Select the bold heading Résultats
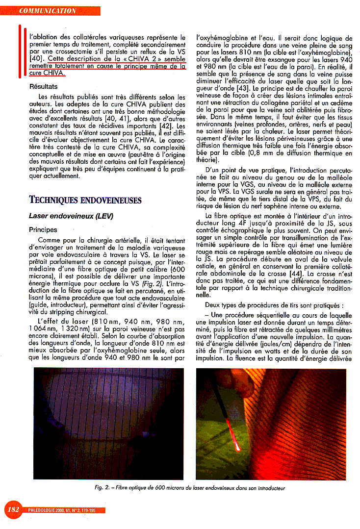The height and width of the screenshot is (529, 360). pyautogui.click(x=44, y=87)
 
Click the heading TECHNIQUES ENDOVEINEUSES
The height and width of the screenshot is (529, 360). pyautogui.click(x=85, y=200)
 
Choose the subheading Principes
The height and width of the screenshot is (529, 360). pyautogui.click(x=43, y=229)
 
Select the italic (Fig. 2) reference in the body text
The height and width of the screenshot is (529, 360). pyautogui.click(x=154, y=284)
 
